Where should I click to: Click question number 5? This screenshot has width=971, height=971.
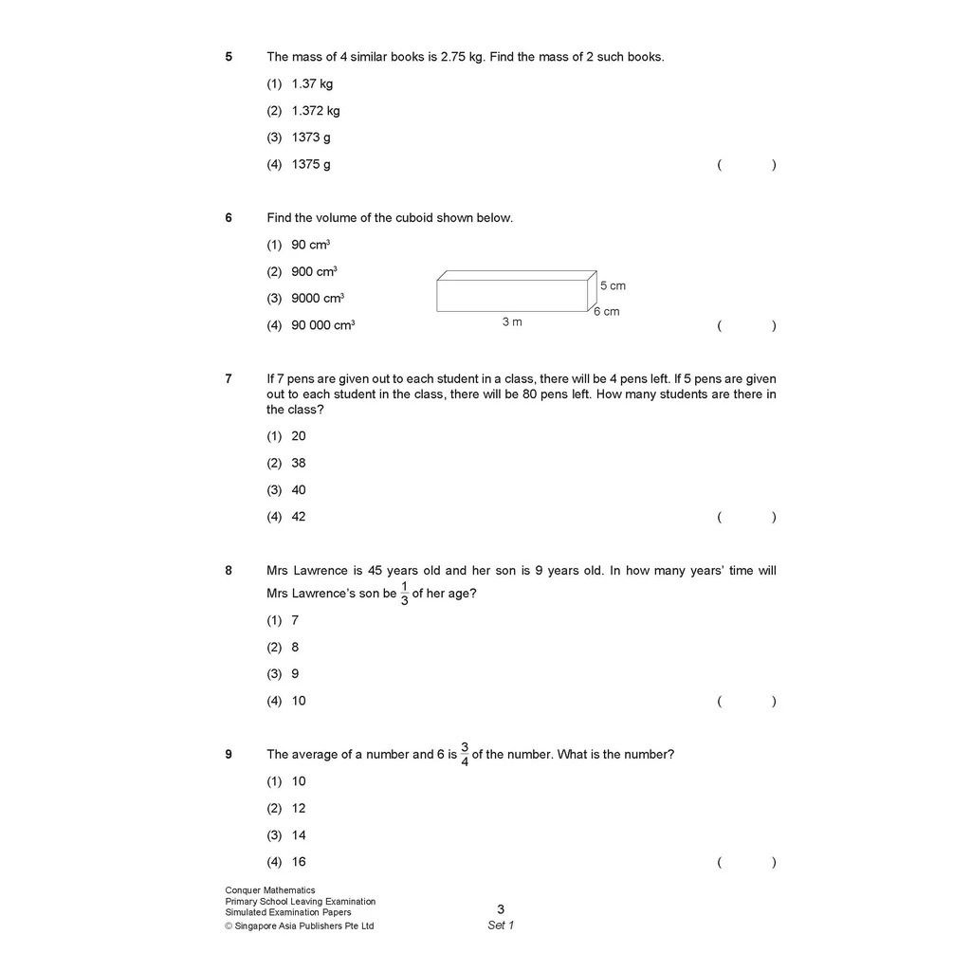click(229, 57)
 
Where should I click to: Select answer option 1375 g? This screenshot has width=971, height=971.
click(311, 165)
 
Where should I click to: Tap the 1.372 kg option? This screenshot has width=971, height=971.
click(316, 111)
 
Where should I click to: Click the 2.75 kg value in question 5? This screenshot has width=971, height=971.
click(463, 57)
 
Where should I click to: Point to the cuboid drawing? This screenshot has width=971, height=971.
click(515, 292)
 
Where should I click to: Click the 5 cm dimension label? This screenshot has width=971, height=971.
click(613, 285)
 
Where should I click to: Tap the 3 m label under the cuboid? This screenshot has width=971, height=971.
click(512, 322)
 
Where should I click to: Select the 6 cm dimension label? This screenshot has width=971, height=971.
click(607, 312)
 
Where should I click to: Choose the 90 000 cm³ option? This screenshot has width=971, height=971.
click(323, 325)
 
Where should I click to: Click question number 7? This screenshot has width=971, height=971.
click(229, 379)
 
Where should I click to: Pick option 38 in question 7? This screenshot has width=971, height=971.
click(299, 464)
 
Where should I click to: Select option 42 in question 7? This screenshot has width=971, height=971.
click(299, 517)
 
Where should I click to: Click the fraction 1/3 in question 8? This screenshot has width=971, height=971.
click(405, 594)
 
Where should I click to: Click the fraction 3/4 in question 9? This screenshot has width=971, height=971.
click(465, 755)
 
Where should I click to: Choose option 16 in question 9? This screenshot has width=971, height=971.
click(299, 862)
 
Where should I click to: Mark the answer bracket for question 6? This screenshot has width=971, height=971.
click(746, 326)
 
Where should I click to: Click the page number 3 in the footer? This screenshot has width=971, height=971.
click(501, 909)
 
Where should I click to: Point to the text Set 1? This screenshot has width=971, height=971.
click(501, 925)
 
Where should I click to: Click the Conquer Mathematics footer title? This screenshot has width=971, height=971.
click(270, 890)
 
